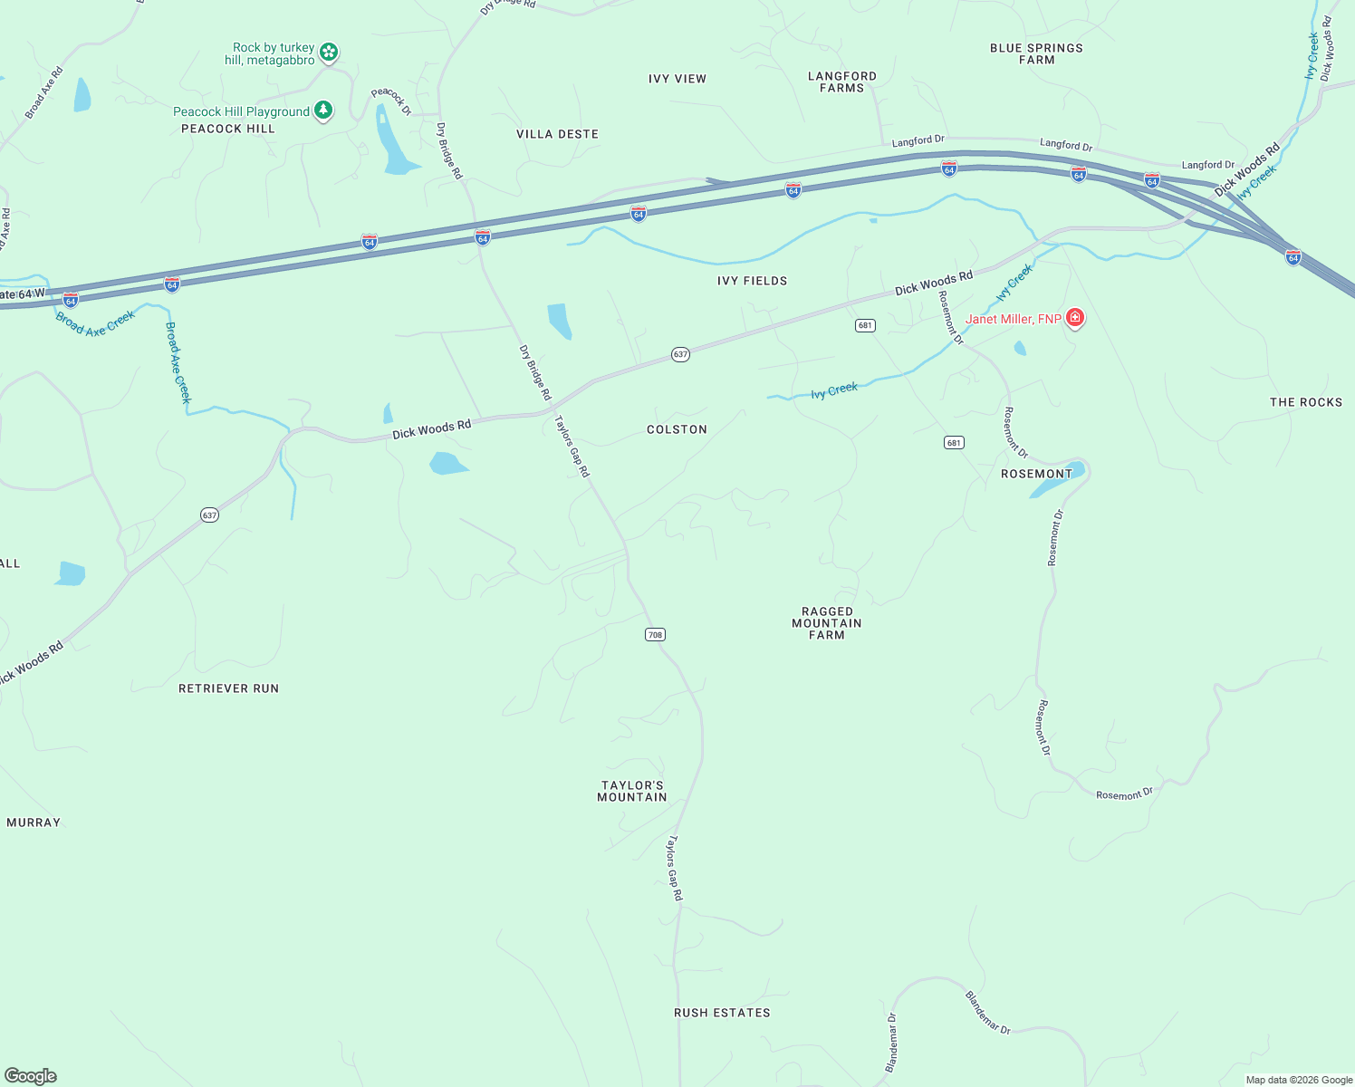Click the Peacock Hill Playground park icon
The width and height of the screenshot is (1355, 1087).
tap(323, 111)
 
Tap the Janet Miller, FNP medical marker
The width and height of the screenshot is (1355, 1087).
tap(1075, 317)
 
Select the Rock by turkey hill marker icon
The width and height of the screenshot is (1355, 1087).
tap(329, 52)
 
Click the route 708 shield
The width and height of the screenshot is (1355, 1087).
tap(655, 634)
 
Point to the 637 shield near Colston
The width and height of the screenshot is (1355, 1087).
tap(680, 354)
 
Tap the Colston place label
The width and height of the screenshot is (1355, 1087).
tap(677, 429)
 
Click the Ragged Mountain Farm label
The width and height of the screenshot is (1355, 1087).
tap(827, 623)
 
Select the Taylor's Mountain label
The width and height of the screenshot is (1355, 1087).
tap(632, 792)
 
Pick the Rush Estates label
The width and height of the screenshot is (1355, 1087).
tap(722, 1013)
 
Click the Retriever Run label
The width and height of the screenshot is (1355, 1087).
tap(228, 688)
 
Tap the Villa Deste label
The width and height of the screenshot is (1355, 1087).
tap(557, 134)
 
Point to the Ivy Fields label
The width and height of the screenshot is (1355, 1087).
tap(752, 281)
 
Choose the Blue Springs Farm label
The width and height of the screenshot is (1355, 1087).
tap(1036, 53)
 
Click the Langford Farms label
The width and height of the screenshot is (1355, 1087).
tap(842, 82)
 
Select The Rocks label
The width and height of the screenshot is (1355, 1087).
tap(1306, 402)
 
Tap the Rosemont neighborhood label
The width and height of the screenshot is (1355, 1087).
tap(1036, 474)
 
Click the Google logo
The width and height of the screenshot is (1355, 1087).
tap(30, 1076)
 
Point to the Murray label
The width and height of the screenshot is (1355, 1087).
tap(34, 822)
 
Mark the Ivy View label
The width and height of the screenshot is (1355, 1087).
tap(677, 79)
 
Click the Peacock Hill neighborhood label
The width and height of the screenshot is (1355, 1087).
tap(227, 129)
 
